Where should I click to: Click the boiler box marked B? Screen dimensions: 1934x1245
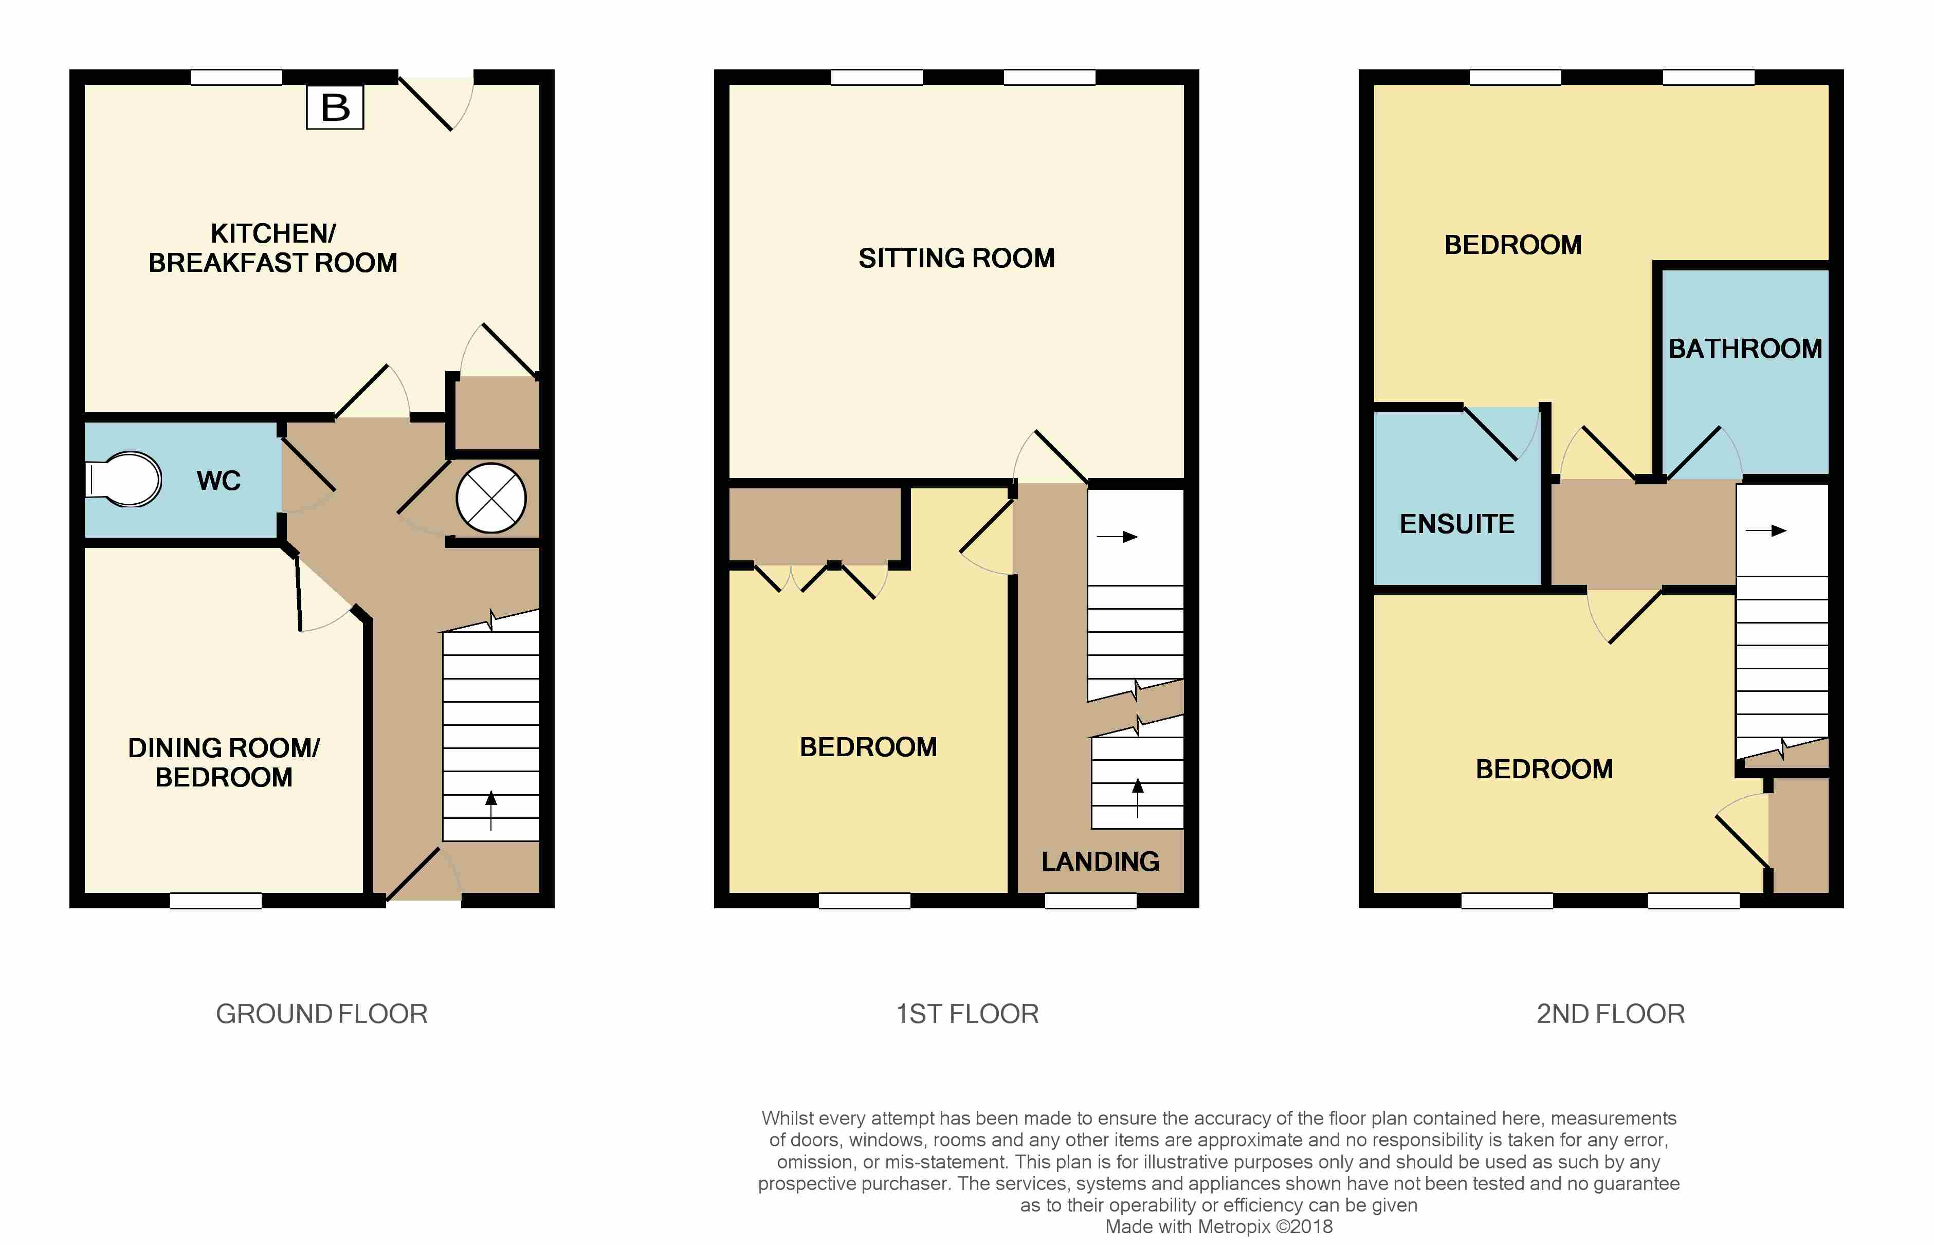(335, 107)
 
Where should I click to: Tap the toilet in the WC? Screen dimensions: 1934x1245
(123, 480)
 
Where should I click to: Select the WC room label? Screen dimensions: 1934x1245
(218, 481)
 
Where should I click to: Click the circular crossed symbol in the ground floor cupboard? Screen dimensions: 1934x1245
(491, 498)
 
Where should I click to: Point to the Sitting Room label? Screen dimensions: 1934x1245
(957, 258)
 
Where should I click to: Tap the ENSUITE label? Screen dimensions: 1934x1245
(1457, 524)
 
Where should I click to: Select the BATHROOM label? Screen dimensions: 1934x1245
(1745, 349)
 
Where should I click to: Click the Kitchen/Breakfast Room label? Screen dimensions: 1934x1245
(273, 248)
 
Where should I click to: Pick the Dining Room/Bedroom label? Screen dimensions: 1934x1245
(224, 762)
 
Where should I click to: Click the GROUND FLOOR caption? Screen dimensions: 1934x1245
(322, 1014)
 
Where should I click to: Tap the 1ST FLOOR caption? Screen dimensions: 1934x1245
(967, 1014)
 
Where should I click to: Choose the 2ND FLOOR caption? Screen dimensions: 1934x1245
(1611, 1014)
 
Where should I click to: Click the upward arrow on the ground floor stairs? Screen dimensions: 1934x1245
(491, 811)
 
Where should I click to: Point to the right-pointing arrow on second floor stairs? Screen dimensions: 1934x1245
(1766, 531)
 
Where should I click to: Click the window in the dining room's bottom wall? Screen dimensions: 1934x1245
(216, 901)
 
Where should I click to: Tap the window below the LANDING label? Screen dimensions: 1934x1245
(1091, 901)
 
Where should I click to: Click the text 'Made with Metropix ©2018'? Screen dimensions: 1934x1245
(1218, 1226)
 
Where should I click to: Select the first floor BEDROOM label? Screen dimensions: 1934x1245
(868, 747)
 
